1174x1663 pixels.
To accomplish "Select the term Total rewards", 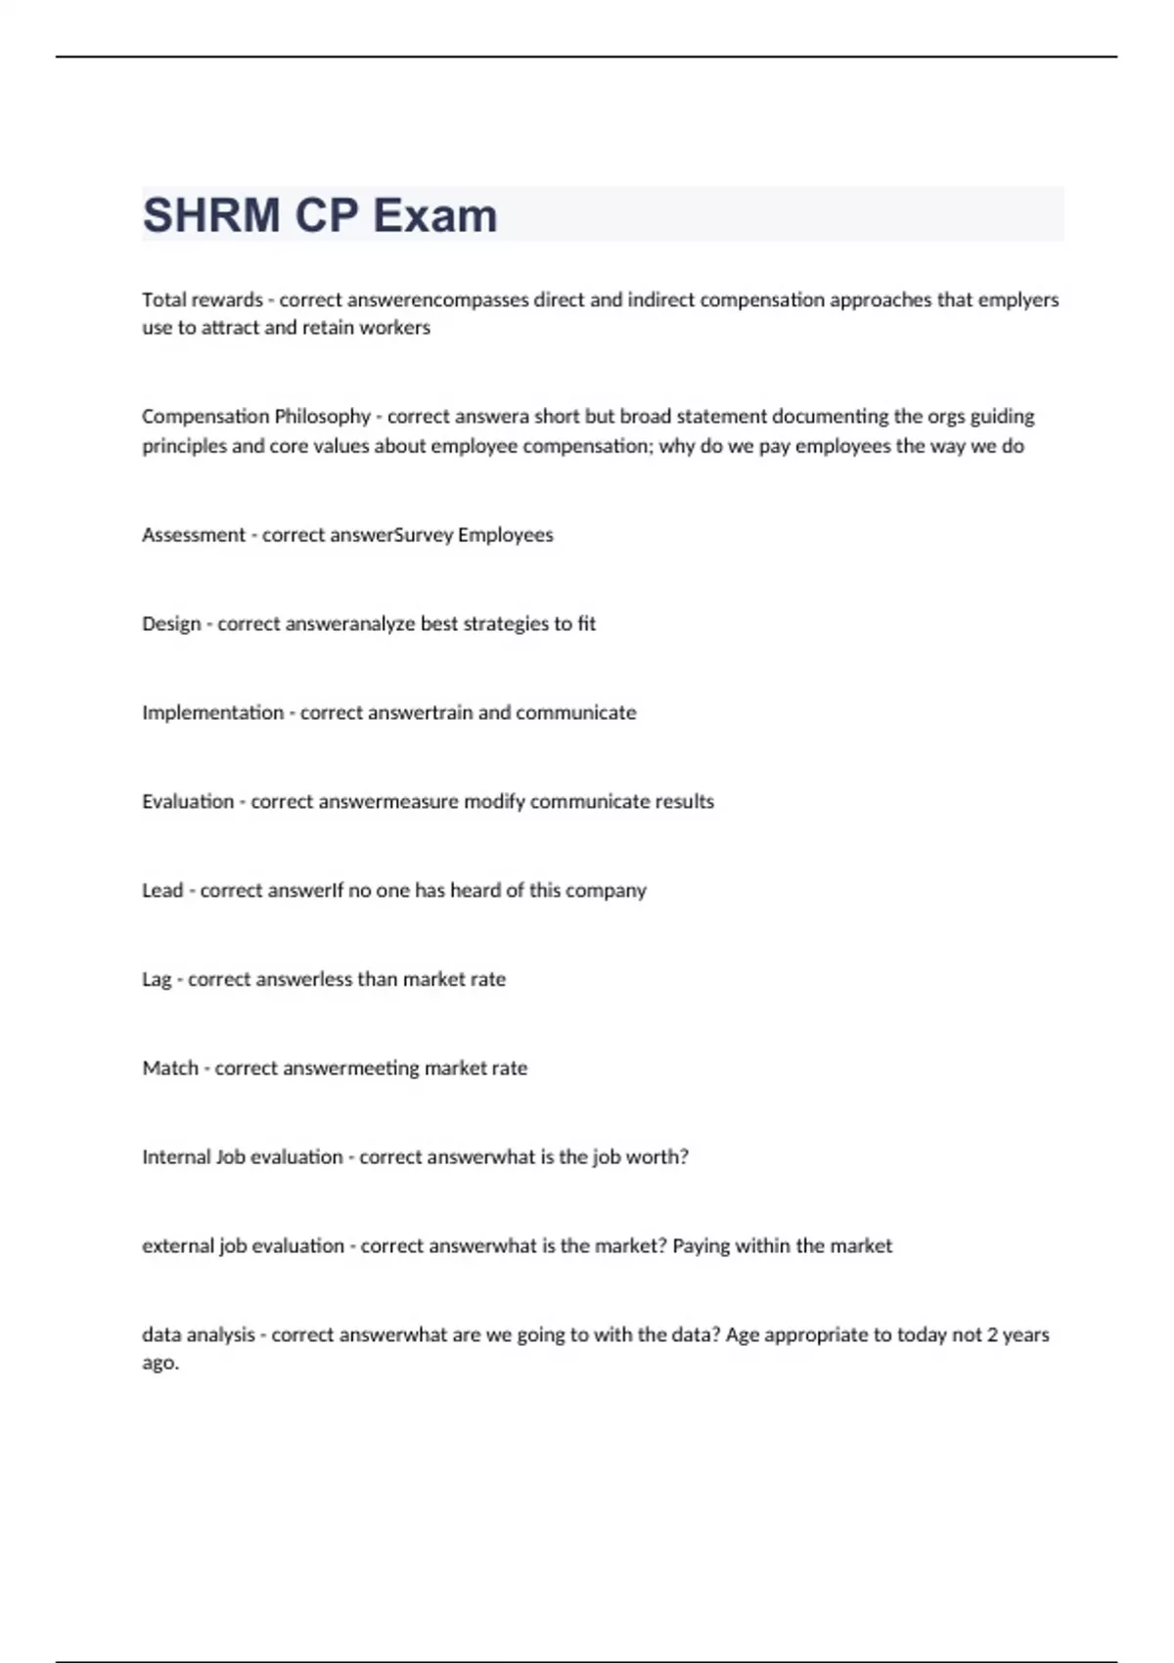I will pyautogui.click(x=203, y=299).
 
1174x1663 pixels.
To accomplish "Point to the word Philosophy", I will pyautogui.click(x=322, y=417).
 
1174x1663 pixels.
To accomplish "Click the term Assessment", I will pyautogui.click(x=194, y=535).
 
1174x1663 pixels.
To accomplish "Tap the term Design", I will pyautogui.click(x=171, y=624).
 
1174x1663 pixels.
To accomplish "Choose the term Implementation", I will pyautogui.click(x=212, y=713).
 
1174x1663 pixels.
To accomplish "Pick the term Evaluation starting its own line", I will pyautogui.click(x=188, y=802).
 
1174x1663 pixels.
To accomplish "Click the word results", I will pyautogui.click(x=685, y=802).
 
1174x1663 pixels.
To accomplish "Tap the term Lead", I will pyautogui.click(x=162, y=891).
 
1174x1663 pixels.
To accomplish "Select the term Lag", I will pyautogui.click(x=157, y=980).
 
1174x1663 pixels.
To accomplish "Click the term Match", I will pyautogui.click(x=170, y=1068).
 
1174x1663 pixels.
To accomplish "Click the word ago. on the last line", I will pyautogui.click(x=160, y=1364).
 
